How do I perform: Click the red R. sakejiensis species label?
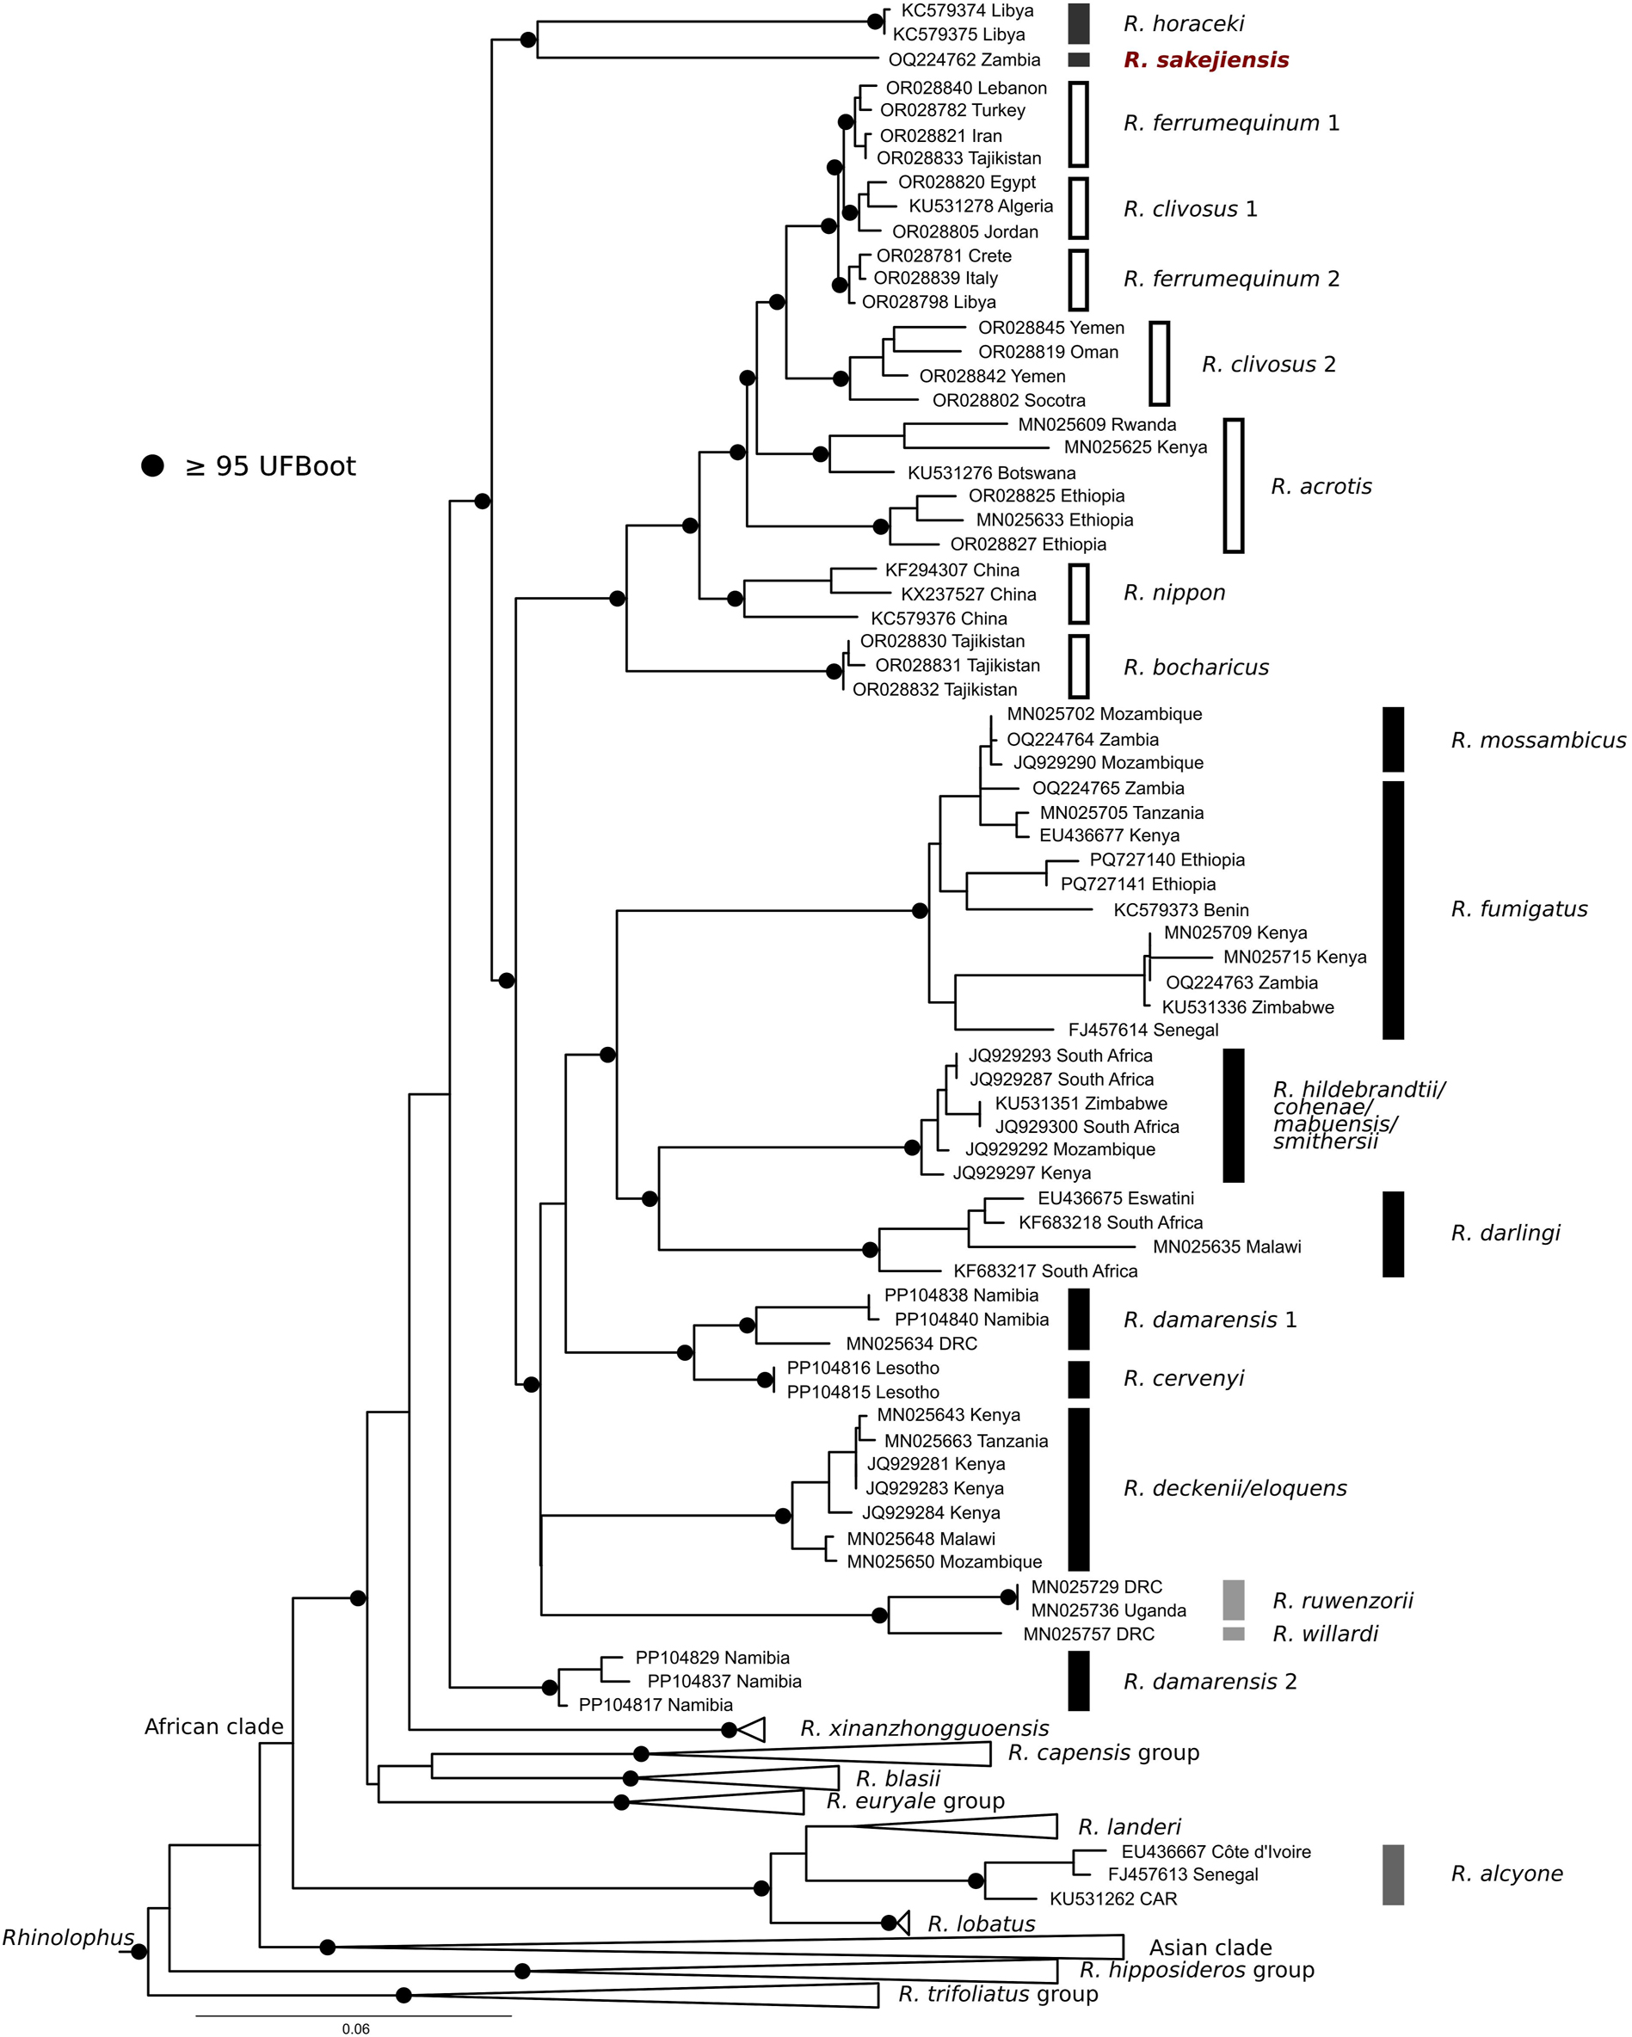(x=1205, y=60)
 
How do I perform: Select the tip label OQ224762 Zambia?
(x=964, y=60)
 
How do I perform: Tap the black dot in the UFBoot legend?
(x=152, y=465)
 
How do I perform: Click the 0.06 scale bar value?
(x=355, y=2028)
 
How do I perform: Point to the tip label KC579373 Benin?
(x=1180, y=910)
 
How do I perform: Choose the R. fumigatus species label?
(x=1518, y=909)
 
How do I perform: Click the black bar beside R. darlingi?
(x=1392, y=1234)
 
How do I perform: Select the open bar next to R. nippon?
(x=1078, y=594)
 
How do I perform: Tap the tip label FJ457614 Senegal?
(x=1142, y=1030)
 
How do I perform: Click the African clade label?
(x=213, y=1726)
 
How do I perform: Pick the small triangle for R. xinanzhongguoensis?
(x=752, y=1730)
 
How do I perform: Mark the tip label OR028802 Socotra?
(x=1008, y=401)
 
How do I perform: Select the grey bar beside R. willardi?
(x=1233, y=1634)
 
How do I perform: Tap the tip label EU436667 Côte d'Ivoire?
(x=1216, y=1852)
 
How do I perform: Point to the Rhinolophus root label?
(x=68, y=1938)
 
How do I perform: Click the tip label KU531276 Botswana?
(x=991, y=473)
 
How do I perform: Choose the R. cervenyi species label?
(x=1183, y=1378)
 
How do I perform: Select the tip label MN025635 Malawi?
(x=1227, y=1247)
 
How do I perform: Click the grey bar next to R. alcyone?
(x=1392, y=1874)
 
